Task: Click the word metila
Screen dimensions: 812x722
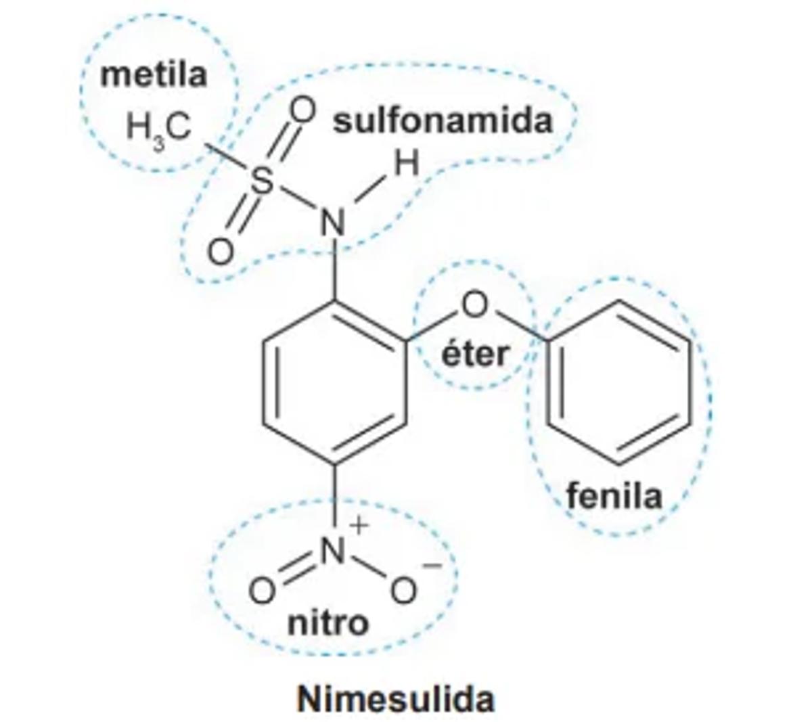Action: pos(154,74)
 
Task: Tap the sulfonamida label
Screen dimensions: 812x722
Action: pos(443,122)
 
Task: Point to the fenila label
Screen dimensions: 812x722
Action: pos(614,496)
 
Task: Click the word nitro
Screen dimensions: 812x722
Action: pos(328,623)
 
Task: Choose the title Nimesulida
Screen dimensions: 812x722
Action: pos(396,699)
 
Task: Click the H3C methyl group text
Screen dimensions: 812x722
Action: pos(159,128)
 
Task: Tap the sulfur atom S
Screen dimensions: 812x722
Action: pos(263,181)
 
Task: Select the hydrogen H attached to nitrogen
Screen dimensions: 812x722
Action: pos(407,164)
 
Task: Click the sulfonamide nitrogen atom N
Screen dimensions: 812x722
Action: pos(333,221)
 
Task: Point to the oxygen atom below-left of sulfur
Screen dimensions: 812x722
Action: pos(220,252)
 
